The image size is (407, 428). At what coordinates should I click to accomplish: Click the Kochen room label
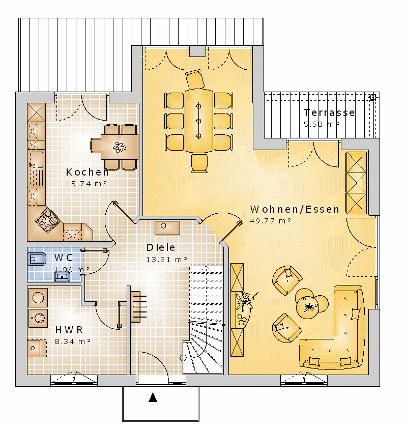pos(88,172)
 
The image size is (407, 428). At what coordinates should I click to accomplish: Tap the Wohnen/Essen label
pos(295,209)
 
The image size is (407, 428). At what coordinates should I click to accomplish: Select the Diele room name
pos(161,247)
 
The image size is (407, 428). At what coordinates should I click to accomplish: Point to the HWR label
pos(69,330)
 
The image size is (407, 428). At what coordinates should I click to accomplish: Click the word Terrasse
pos(329,113)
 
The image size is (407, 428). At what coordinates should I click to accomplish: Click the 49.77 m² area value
pos(270,221)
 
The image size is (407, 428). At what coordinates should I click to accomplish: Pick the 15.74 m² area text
pos(86,184)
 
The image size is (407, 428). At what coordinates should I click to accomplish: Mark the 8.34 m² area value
pos(73,341)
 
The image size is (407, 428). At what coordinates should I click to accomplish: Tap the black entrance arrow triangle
pos(153,397)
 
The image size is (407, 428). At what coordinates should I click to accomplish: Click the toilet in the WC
pos(37,259)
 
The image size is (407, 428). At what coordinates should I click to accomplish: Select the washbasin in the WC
pos(62,277)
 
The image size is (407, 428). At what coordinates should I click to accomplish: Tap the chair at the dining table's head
pos(195,79)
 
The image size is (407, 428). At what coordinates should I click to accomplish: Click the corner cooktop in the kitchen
pos(47,221)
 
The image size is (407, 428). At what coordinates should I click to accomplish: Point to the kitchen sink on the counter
pos(37,160)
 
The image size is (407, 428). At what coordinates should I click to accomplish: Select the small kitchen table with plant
pos(120,147)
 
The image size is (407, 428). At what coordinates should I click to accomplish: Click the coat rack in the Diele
pos(138,307)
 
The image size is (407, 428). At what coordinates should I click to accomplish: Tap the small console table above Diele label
pos(167,228)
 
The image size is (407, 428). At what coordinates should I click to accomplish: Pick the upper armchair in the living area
pos(287,280)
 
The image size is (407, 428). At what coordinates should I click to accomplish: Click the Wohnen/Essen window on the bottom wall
pos(304,380)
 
